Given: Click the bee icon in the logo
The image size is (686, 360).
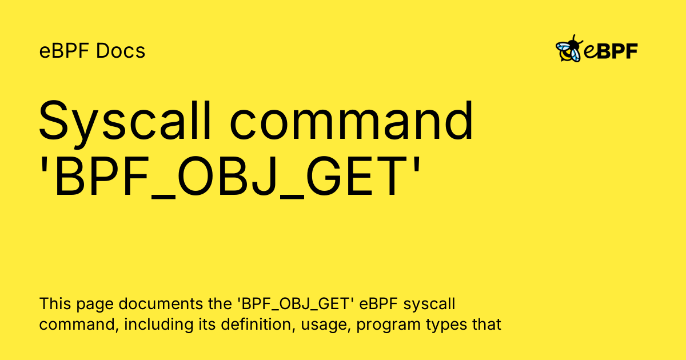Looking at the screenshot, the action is click(x=569, y=49).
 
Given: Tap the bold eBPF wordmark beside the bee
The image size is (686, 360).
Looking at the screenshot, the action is click(x=611, y=51).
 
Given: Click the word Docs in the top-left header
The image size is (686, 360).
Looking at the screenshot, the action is click(x=121, y=50).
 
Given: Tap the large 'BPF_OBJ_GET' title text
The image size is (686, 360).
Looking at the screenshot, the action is click(x=230, y=177).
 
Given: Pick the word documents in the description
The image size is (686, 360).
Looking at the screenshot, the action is click(x=160, y=303).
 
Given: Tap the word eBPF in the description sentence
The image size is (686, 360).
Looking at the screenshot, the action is click(x=378, y=303).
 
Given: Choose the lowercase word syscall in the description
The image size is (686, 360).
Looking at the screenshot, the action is click(x=429, y=305).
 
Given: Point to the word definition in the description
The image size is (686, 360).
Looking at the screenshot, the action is click(x=258, y=324).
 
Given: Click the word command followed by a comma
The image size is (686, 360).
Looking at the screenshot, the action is click(x=79, y=325).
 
